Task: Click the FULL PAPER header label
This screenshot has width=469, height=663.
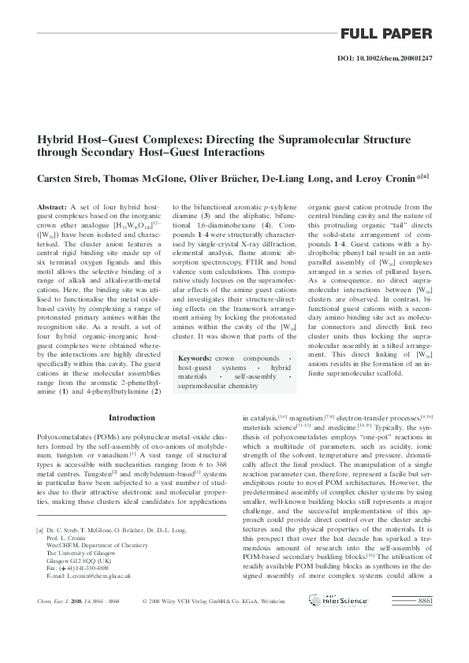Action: point(386,34)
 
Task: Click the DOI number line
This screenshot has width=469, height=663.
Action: point(384,58)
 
